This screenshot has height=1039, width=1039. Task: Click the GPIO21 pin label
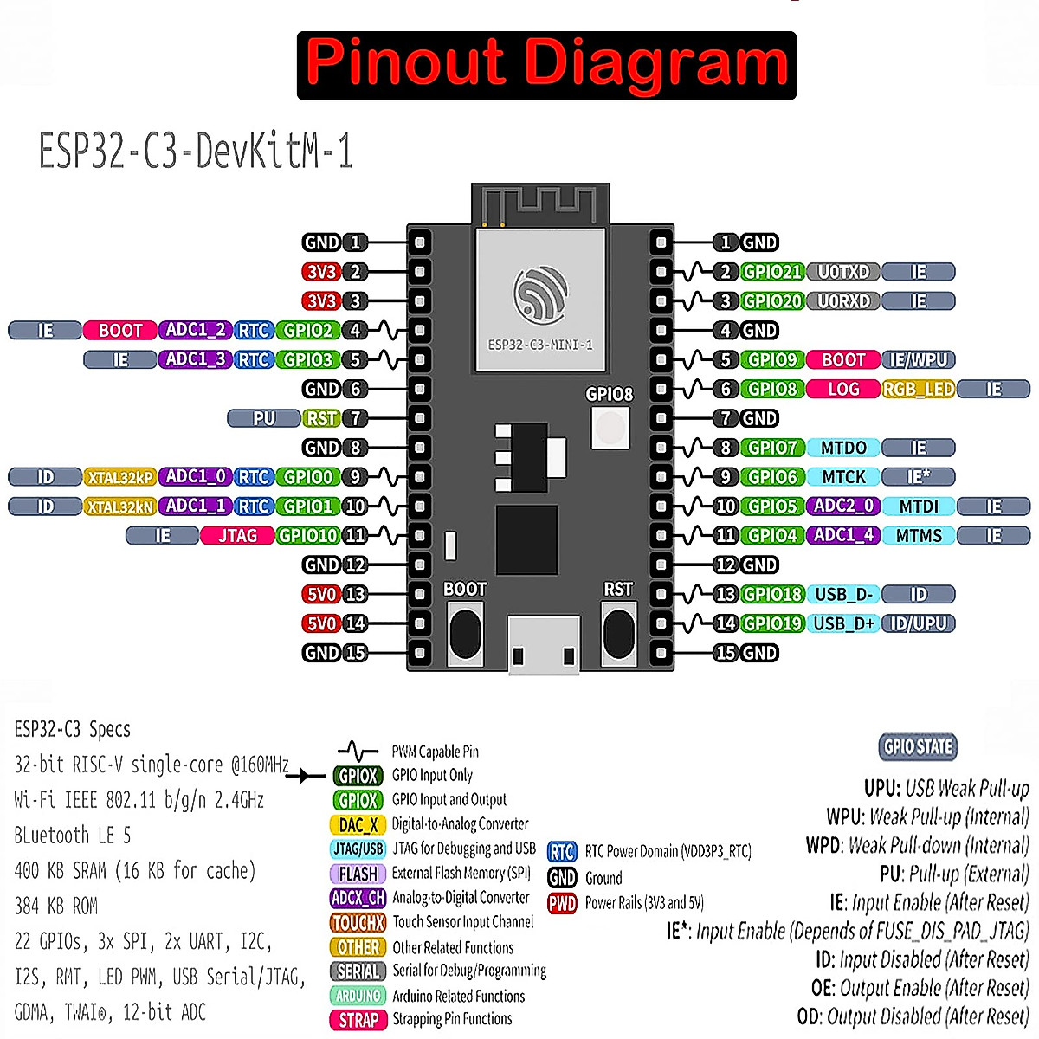click(x=772, y=272)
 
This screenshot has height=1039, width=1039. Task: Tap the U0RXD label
click(x=843, y=301)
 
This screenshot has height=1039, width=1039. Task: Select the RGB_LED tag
click(x=918, y=390)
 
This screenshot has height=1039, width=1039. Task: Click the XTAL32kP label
click(x=120, y=477)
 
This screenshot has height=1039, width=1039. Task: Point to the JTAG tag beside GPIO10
click(x=236, y=536)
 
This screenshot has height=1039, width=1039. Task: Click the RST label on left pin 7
click(x=321, y=418)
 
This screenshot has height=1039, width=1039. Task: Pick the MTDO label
click(x=843, y=448)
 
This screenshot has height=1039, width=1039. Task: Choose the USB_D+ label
click(x=843, y=623)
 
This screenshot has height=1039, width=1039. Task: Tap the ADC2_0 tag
click(x=843, y=507)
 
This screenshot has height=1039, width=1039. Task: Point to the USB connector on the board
click(x=542, y=645)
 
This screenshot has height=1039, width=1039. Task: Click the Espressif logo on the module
click(x=540, y=293)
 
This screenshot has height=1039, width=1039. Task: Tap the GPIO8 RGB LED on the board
click(x=610, y=427)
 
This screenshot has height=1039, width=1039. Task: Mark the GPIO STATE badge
click(x=918, y=746)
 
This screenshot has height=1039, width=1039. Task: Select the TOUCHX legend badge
click(x=358, y=923)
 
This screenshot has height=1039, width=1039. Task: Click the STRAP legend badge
click(x=358, y=1020)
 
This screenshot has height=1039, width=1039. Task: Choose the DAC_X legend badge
click(x=358, y=825)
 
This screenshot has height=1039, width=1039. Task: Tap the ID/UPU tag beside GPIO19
click(x=918, y=623)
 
